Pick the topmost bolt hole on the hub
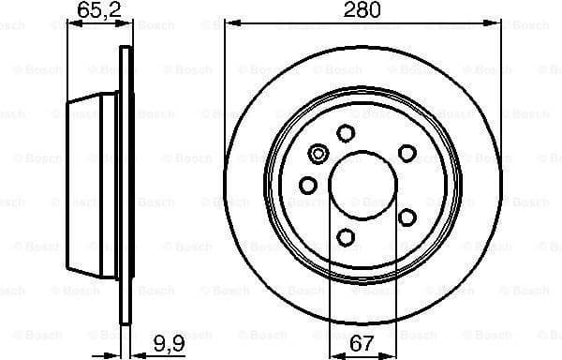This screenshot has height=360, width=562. click(346, 133)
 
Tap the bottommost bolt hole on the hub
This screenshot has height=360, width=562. click(346, 237)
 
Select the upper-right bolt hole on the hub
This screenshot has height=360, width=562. click(407, 152)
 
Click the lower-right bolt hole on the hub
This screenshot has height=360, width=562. click(407, 217)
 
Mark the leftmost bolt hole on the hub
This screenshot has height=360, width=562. click(307, 185)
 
